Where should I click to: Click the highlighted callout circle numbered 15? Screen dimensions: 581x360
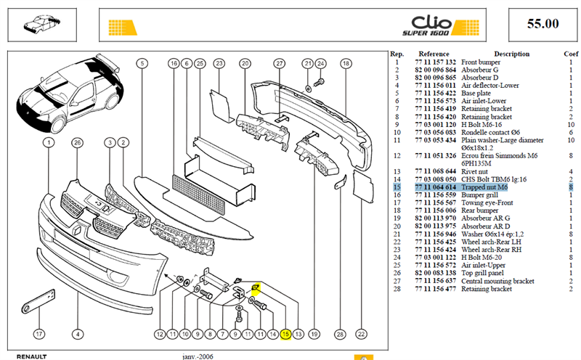coord(285,334)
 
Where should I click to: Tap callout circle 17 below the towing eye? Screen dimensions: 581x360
coord(39,334)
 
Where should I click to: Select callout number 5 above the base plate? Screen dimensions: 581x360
coord(142,63)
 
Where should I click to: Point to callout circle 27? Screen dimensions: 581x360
coord(280,63)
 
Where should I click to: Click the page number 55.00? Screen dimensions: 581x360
coord(543,24)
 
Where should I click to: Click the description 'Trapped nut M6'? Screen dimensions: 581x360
coord(484,187)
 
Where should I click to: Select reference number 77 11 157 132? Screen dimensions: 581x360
coord(435,62)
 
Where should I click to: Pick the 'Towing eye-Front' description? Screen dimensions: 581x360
coord(487,202)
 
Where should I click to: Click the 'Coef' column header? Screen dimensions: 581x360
coord(571,54)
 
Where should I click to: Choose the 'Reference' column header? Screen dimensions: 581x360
coord(434,54)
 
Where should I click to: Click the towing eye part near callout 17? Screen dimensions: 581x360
coord(38,302)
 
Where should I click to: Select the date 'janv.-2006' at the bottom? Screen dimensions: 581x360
coord(198,356)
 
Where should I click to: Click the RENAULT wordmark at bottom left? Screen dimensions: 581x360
coord(32,356)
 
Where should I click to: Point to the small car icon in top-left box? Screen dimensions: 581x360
coord(42,24)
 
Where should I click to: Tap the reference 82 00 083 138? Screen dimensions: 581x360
coord(435,273)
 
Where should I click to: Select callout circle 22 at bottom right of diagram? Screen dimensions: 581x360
coord(361,334)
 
